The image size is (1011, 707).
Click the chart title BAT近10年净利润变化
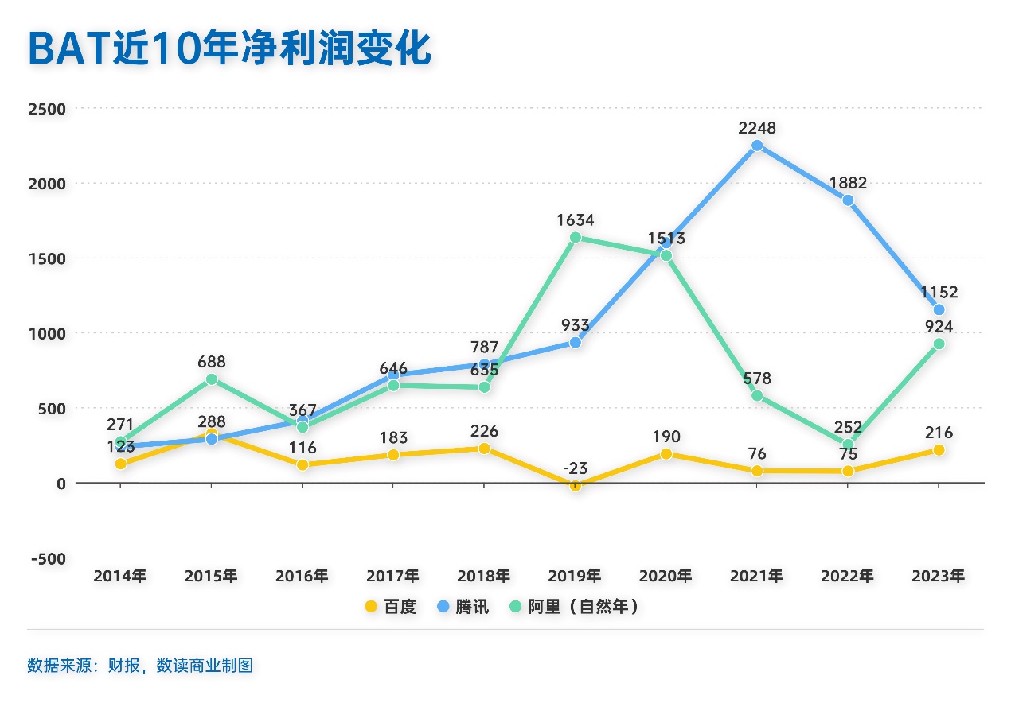coord(229,49)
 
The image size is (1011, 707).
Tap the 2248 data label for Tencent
coord(757,128)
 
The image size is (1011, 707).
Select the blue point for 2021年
coord(757,146)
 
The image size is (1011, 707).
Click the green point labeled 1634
coord(576,237)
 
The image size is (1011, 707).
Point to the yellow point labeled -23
coord(576,485)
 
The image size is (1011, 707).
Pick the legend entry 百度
coord(390,607)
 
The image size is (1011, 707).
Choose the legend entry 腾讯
coord(463,607)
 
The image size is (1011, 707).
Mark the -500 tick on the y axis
coord(49,558)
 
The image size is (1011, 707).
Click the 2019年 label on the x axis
coord(575,576)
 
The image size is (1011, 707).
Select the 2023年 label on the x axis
coord(939,576)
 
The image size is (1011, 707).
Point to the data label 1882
coord(848,183)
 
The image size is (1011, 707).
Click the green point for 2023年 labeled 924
coord(939,344)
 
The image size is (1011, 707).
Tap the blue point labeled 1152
coord(939,309)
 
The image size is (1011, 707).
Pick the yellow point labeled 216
coord(939,450)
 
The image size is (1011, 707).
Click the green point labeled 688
coord(212,379)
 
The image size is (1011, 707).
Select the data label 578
coord(757,379)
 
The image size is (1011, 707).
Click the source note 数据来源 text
coord(140,666)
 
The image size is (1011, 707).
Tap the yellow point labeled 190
coord(666,454)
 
